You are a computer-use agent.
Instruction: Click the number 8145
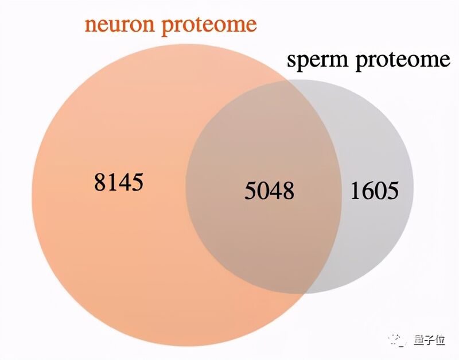click(x=119, y=182)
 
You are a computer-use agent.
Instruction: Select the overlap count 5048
click(x=269, y=191)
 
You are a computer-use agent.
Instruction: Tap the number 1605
click(x=375, y=191)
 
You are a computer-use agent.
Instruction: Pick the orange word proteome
click(x=209, y=26)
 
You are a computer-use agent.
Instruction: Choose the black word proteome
click(x=403, y=61)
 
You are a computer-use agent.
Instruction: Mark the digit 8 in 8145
click(x=100, y=182)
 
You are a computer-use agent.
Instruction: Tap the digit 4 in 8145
click(x=125, y=182)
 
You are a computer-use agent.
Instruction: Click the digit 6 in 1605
click(x=368, y=191)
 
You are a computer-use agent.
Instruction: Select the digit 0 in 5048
click(x=263, y=191)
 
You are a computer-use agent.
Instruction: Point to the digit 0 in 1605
click(x=380, y=191)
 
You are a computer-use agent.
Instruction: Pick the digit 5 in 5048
click(x=251, y=191)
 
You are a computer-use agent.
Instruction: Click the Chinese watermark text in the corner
click(x=429, y=340)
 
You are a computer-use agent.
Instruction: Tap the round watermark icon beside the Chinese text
click(x=398, y=340)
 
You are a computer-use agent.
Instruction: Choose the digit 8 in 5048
click(x=288, y=191)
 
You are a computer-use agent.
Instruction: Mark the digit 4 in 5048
click(x=275, y=191)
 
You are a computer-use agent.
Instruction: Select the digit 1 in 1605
click(x=356, y=191)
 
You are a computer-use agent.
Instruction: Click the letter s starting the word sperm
click(x=291, y=60)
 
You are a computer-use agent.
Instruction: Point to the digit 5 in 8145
click(x=138, y=183)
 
